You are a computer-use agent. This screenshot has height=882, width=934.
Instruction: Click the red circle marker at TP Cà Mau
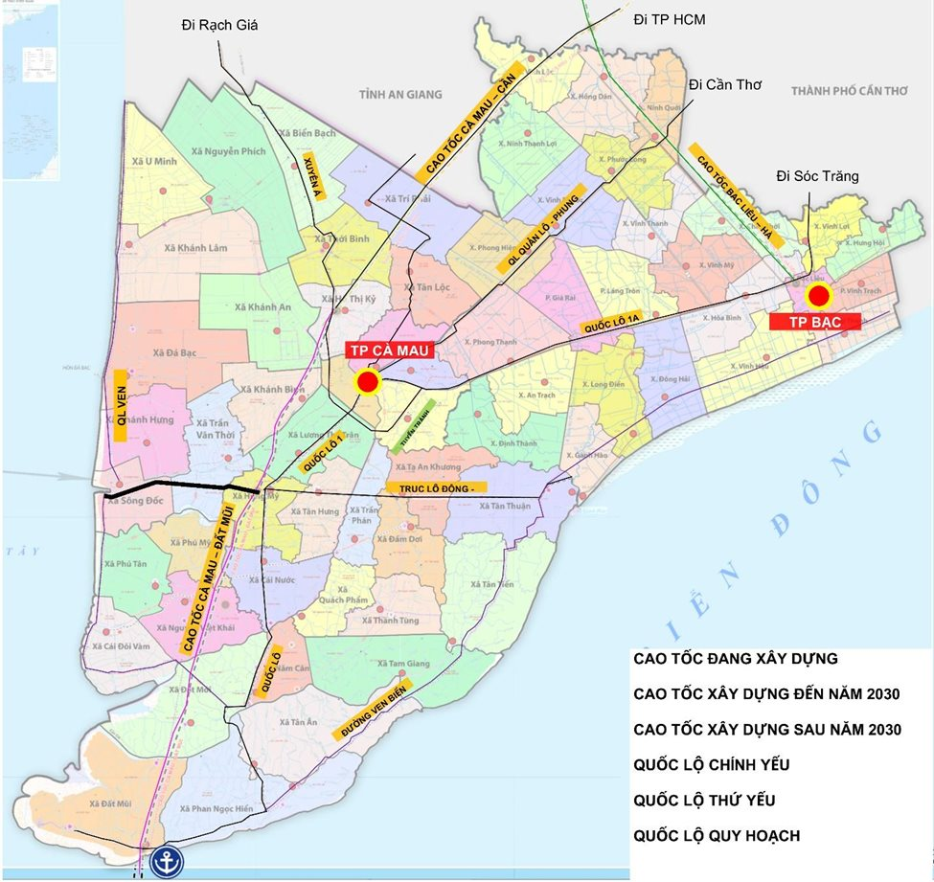[367, 383]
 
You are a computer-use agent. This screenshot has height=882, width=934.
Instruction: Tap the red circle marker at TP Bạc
[817, 294]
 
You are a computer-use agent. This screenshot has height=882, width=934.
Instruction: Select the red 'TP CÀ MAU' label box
[390, 351]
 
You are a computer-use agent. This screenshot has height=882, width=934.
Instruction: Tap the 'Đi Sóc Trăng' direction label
[817, 176]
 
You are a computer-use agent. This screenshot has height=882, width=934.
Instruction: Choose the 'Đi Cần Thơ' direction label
[724, 84]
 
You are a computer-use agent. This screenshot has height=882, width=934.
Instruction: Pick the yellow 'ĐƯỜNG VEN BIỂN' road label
[371, 712]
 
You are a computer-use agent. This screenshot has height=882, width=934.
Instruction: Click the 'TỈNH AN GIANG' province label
[400, 94]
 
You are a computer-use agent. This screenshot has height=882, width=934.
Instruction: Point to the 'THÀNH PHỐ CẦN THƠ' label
[849, 91]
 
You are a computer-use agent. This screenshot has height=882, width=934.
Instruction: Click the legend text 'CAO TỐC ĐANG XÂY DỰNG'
[736, 659]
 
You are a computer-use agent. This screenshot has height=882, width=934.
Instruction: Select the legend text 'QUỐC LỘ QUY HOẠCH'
[717, 836]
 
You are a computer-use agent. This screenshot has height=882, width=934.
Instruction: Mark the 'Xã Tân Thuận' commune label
[505, 506]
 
